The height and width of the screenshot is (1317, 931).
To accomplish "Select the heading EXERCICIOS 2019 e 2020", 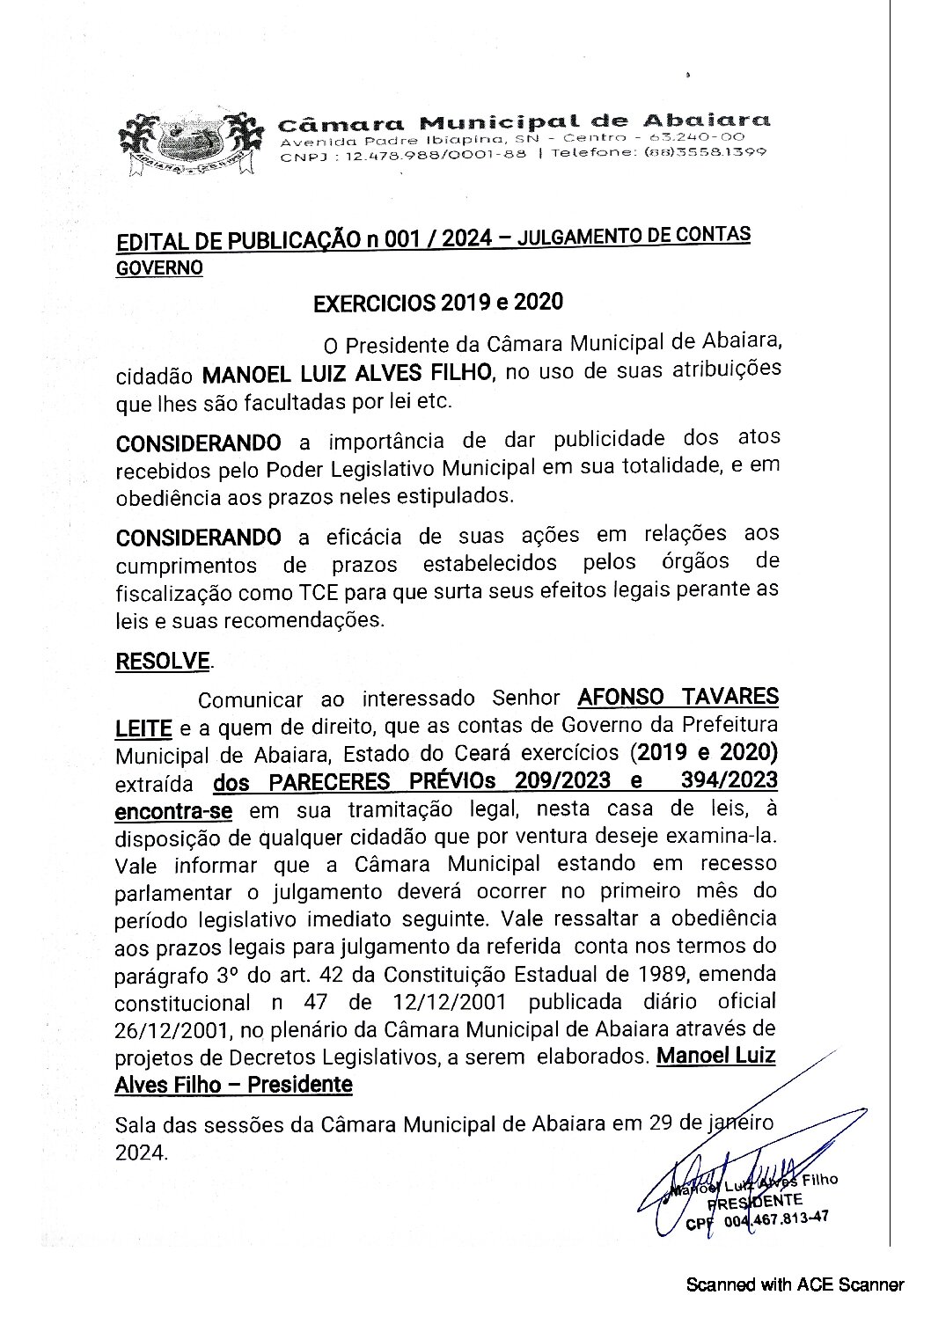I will [x=437, y=303].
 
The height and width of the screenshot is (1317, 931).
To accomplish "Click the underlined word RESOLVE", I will [x=163, y=662].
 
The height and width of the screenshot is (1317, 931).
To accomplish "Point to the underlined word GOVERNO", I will [x=158, y=267].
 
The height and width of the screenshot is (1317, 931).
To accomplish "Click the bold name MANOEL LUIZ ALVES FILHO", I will [x=347, y=373].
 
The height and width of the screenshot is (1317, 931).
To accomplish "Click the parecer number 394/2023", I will [x=728, y=780].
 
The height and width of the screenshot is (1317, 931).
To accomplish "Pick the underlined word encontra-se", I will [x=173, y=809].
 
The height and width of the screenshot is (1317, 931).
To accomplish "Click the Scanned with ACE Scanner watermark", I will [x=795, y=1284].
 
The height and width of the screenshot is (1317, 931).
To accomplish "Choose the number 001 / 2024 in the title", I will [x=430, y=239].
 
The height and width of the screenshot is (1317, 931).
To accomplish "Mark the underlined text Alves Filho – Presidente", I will [x=233, y=1085].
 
